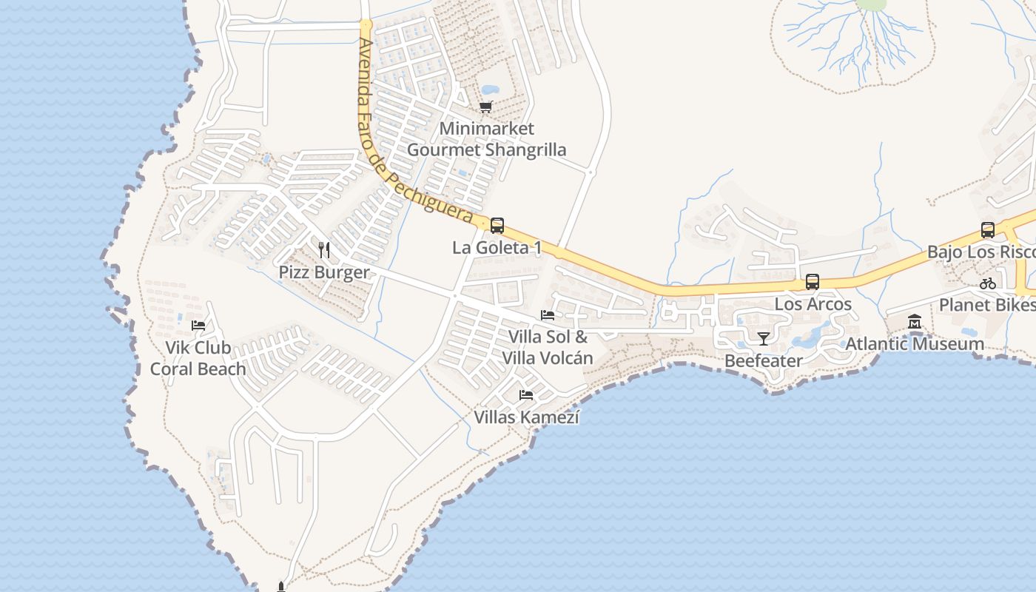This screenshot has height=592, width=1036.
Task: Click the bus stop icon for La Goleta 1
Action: pyautogui.click(x=497, y=226)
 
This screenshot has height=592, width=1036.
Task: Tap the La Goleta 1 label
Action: pyautogui.click(x=497, y=248)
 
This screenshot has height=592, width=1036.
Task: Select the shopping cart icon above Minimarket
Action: pyautogui.click(x=485, y=107)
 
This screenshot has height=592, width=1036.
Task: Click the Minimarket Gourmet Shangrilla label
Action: pyautogui.click(x=486, y=139)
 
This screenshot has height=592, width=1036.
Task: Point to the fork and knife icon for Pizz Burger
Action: pyautogui.click(x=323, y=249)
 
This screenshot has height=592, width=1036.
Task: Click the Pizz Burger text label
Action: pyautogui.click(x=323, y=272)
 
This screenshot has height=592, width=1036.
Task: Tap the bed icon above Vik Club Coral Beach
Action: pyautogui.click(x=198, y=325)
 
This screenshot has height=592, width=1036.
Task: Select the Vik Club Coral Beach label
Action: pyautogui.click(x=198, y=358)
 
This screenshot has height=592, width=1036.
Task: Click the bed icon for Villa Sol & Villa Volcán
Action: pyautogui.click(x=548, y=314)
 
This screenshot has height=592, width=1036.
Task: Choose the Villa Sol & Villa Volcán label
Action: pyautogui.click(x=548, y=348)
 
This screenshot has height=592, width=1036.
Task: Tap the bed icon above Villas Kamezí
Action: pyautogui.click(x=526, y=395)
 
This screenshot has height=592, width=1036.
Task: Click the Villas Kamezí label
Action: pyautogui.click(x=526, y=417)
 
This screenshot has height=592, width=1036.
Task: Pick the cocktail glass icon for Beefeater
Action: pyautogui.click(x=764, y=339)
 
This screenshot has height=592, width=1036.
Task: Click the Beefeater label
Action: pyautogui.click(x=764, y=361)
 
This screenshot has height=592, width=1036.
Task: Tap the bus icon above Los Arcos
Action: pyautogui.click(x=813, y=282)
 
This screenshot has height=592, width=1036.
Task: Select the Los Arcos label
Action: pyautogui.click(x=813, y=304)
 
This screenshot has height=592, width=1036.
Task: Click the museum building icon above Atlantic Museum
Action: pyautogui.click(x=915, y=322)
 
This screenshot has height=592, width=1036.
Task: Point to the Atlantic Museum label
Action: pyautogui.click(x=915, y=344)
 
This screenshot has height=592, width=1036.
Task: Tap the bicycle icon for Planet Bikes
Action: pyautogui.click(x=987, y=283)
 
